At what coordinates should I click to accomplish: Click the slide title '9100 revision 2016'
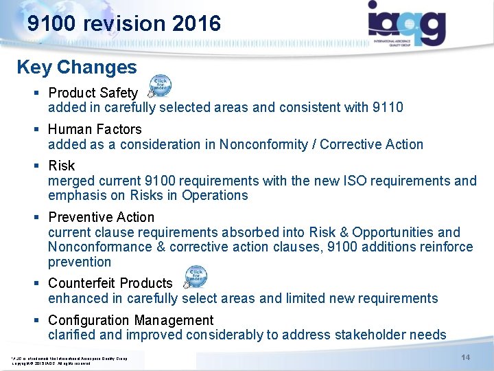(x=124, y=24)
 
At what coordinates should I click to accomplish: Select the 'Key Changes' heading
(x=77, y=67)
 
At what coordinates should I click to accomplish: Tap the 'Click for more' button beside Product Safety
(x=160, y=87)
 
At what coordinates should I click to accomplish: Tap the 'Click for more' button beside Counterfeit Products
(x=196, y=278)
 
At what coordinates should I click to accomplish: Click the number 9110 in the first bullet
(x=388, y=107)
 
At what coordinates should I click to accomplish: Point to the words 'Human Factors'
(x=95, y=129)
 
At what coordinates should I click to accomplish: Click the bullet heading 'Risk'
(x=62, y=166)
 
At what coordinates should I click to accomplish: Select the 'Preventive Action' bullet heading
(x=102, y=217)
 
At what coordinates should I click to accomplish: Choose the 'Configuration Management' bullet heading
(x=131, y=320)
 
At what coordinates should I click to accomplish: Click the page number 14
(x=465, y=357)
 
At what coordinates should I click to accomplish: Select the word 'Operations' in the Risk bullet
(x=213, y=196)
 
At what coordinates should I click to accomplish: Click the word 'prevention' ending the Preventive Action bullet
(x=80, y=262)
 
